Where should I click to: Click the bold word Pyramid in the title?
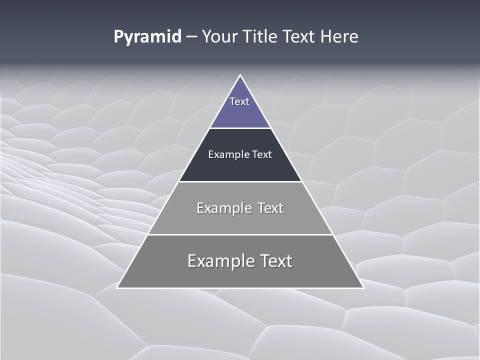[x=147, y=37]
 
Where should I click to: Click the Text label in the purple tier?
[x=239, y=101]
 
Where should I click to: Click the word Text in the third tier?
[x=270, y=208]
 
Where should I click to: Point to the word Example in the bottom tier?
[x=220, y=261]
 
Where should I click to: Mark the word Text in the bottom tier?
[x=275, y=261]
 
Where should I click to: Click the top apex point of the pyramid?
[x=240, y=75]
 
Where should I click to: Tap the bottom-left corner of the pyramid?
[x=117, y=287]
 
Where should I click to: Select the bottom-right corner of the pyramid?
[x=363, y=287]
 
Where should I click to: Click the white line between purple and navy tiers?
[x=240, y=128]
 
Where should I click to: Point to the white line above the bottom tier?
[x=240, y=234]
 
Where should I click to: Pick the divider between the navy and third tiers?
[x=240, y=181]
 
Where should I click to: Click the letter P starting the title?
[x=118, y=37]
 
